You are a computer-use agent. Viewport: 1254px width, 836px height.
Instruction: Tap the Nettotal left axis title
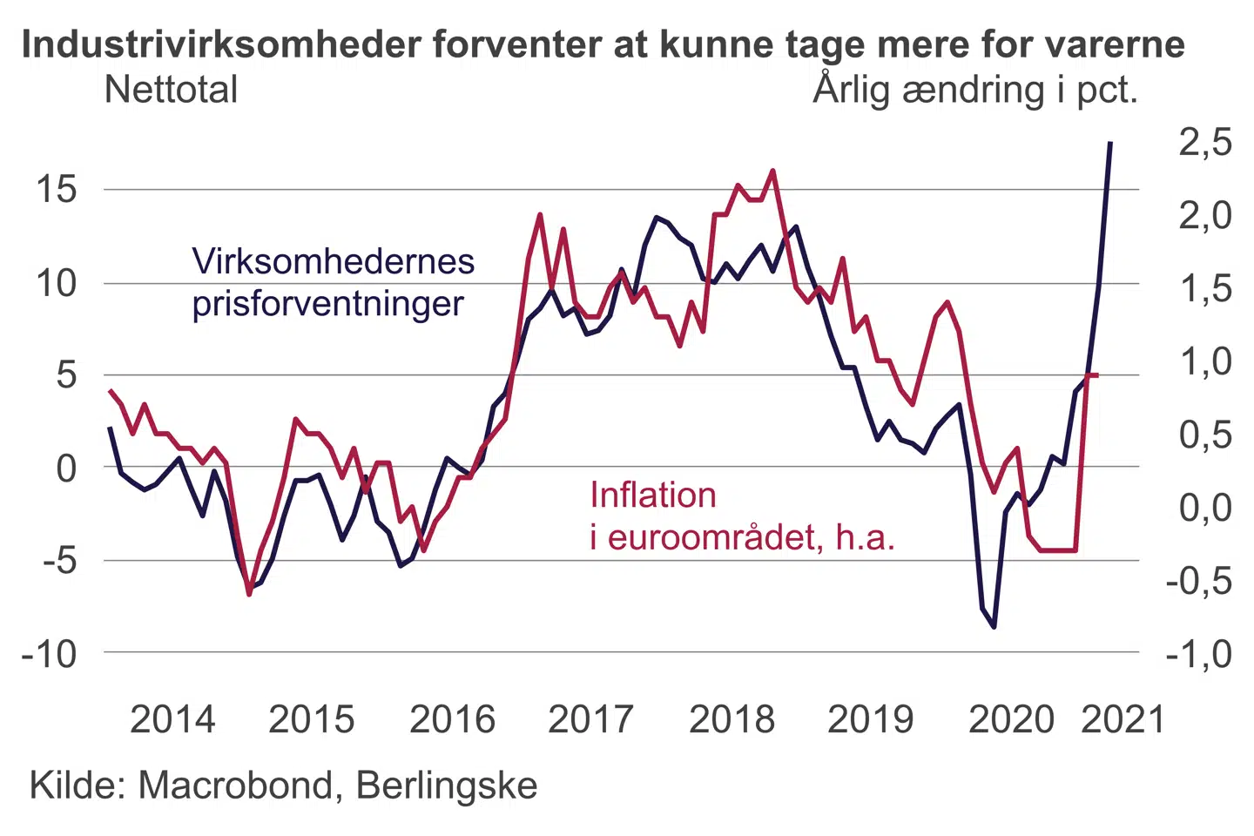[x=171, y=90]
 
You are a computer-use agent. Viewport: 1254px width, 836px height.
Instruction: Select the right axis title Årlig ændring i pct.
[x=975, y=90]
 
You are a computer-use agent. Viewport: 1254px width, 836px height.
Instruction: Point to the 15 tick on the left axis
[x=57, y=189]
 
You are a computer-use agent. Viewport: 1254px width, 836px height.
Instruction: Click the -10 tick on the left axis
[x=50, y=653]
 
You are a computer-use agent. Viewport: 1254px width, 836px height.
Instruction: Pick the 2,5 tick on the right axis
[x=1206, y=142]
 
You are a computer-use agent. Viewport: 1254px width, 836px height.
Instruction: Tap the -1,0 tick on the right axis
[x=1200, y=654]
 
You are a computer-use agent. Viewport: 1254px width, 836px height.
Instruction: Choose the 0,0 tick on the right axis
[x=1206, y=507]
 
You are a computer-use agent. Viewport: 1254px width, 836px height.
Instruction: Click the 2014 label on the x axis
[x=172, y=720]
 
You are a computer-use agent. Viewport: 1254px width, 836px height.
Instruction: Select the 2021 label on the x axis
[x=1123, y=720]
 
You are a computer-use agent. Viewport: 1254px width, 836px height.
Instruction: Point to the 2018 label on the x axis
[x=731, y=720]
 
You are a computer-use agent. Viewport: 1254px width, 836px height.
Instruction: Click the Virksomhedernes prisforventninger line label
[x=333, y=282]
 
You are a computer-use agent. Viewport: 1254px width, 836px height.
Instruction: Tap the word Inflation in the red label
[x=653, y=496]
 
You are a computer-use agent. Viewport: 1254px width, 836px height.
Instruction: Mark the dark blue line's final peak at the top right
[x=1109, y=142]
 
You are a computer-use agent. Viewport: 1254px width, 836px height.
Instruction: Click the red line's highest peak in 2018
[x=772, y=171]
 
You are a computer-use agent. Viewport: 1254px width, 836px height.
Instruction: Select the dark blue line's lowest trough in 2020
[x=994, y=626]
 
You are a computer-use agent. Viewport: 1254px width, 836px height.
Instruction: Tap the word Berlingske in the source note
[x=447, y=785]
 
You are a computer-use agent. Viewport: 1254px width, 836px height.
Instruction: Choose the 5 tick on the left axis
[x=66, y=375]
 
